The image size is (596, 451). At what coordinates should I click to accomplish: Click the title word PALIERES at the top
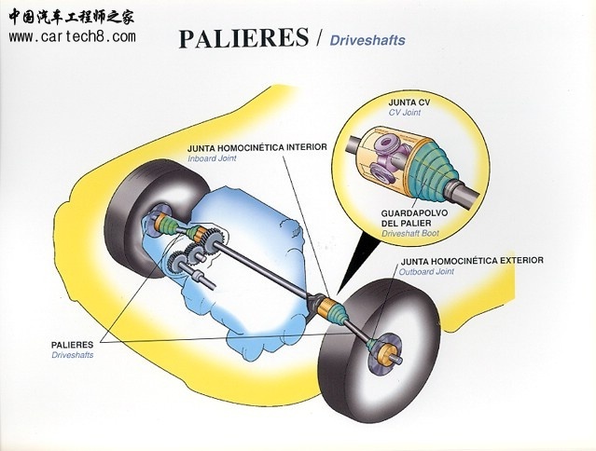pyautogui.click(x=243, y=38)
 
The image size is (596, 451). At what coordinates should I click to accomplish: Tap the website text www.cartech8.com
pyautogui.click(x=72, y=36)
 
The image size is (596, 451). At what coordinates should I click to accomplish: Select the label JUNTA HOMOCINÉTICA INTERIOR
pyautogui.click(x=256, y=147)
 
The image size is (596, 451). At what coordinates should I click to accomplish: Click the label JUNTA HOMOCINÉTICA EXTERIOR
pyautogui.click(x=471, y=260)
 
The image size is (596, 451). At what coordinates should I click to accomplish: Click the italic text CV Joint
pyautogui.click(x=406, y=112)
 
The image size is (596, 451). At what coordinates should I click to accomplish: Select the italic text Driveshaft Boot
pyautogui.click(x=415, y=234)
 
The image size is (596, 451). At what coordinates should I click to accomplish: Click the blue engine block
pyautogui.click(x=252, y=233)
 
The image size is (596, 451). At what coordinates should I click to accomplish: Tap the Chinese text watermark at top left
pyautogui.click(x=73, y=16)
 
